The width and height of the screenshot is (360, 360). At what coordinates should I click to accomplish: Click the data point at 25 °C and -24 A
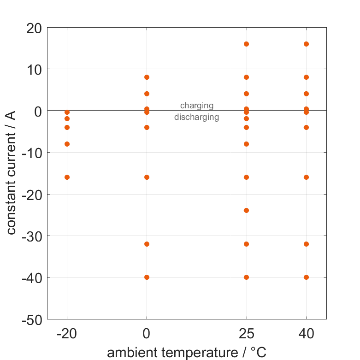pos(246,210)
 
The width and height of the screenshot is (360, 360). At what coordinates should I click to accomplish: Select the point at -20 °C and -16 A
pos(67,177)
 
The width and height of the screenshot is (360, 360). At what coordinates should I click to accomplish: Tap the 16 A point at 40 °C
pos(306,44)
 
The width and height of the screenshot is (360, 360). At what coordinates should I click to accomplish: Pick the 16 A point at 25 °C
pos(246,44)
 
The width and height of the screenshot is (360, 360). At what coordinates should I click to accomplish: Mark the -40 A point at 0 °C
pos(147,277)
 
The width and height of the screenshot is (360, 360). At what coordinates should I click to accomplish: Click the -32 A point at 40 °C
pos(306,244)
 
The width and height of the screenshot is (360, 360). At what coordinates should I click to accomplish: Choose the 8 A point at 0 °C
pos(147,77)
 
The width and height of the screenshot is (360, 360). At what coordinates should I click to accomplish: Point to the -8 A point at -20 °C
pos(67,144)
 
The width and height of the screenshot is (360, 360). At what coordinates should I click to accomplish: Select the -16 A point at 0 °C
pos(147,177)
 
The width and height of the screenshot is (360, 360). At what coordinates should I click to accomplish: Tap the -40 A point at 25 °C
pos(246,277)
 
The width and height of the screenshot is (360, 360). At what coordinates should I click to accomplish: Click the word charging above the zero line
pos(197,106)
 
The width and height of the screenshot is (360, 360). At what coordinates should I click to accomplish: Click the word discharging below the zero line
pos(196,117)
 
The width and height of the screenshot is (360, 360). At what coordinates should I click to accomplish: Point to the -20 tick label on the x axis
pos(67,334)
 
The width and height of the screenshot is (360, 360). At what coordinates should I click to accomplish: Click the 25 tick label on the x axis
pos(246,334)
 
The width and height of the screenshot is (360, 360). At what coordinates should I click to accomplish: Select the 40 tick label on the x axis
pos(306,334)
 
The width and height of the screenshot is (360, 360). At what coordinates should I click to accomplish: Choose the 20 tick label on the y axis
pos(34,28)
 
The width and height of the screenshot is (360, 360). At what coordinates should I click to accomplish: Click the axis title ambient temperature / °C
pos(187,353)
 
